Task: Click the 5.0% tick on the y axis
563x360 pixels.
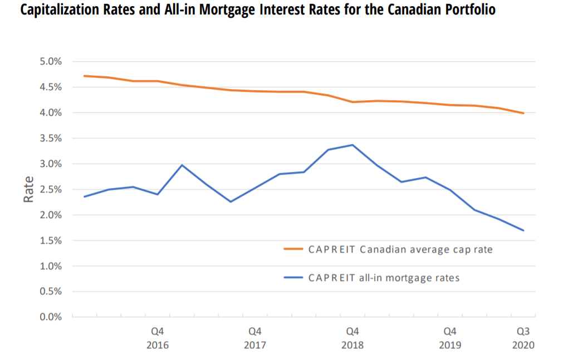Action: point(50,62)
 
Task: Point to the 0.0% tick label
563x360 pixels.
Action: point(50,317)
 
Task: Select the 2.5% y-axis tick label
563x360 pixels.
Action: point(50,190)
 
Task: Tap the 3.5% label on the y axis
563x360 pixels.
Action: point(50,139)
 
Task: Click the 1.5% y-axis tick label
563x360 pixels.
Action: point(50,241)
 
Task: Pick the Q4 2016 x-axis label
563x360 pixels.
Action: point(158,338)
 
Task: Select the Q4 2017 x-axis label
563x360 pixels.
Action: point(255,338)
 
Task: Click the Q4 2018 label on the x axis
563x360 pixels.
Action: point(353,338)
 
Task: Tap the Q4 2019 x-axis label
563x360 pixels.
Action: point(450,338)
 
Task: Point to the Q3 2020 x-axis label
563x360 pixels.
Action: point(523,338)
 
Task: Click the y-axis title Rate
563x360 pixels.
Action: point(28,189)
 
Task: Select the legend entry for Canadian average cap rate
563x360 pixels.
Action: point(400,249)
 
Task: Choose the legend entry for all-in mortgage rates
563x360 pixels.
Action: point(384,278)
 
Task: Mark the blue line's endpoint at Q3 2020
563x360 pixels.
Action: point(523,230)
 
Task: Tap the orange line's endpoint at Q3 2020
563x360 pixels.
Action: point(523,114)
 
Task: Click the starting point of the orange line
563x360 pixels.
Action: point(84,76)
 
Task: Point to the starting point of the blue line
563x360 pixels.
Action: point(84,196)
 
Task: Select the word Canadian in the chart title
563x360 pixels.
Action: point(399,11)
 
